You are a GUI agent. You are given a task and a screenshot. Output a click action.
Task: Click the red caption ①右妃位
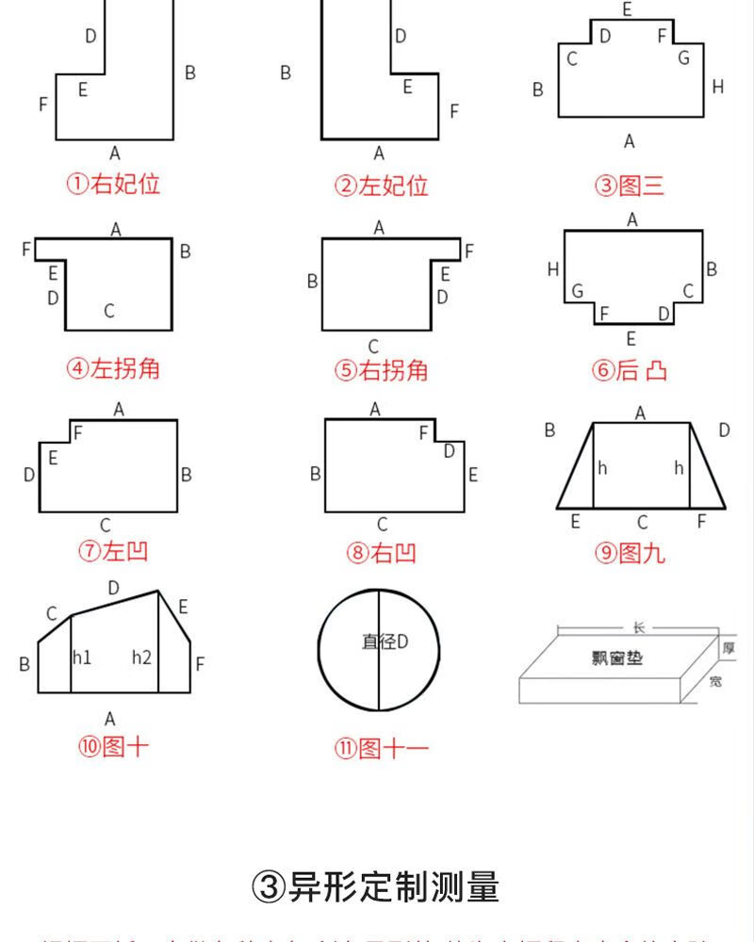pyautogui.click(x=112, y=184)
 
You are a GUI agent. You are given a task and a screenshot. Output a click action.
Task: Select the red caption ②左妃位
pyautogui.click(x=381, y=186)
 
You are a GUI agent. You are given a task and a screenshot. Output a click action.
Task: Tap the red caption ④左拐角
pyautogui.click(x=112, y=368)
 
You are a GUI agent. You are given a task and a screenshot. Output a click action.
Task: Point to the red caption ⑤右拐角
pyautogui.click(x=381, y=370)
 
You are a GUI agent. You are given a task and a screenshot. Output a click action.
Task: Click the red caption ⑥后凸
pyautogui.click(x=630, y=370)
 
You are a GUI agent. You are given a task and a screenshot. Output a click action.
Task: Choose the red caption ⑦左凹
pyautogui.click(x=112, y=551)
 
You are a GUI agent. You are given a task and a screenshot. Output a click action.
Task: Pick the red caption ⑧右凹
pyautogui.click(x=381, y=553)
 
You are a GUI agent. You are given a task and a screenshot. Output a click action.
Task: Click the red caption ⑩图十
pyautogui.click(x=112, y=747)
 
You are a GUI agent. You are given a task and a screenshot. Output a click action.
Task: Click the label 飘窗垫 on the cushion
pyautogui.click(x=617, y=658)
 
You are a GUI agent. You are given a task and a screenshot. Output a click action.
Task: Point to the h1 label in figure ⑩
pyautogui.click(x=82, y=657)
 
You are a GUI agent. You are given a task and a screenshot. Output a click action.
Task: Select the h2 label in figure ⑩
pyautogui.click(x=141, y=657)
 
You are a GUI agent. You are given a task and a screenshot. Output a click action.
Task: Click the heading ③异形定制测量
pyautogui.click(x=376, y=886)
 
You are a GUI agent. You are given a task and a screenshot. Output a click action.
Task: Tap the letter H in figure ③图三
pyautogui.click(x=718, y=87)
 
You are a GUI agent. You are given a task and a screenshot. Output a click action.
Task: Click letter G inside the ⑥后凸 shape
pyautogui.click(x=577, y=291)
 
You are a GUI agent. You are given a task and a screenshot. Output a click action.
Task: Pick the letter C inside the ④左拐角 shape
pyautogui.click(x=109, y=311)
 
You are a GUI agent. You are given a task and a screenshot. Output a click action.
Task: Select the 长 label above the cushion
pyautogui.click(x=639, y=628)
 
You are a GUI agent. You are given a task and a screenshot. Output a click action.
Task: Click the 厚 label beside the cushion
pyautogui.click(x=728, y=648)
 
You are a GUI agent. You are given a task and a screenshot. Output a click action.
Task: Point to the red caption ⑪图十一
pyautogui.click(x=381, y=749)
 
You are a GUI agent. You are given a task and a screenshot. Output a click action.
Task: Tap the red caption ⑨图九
pyautogui.click(x=630, y=553)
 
